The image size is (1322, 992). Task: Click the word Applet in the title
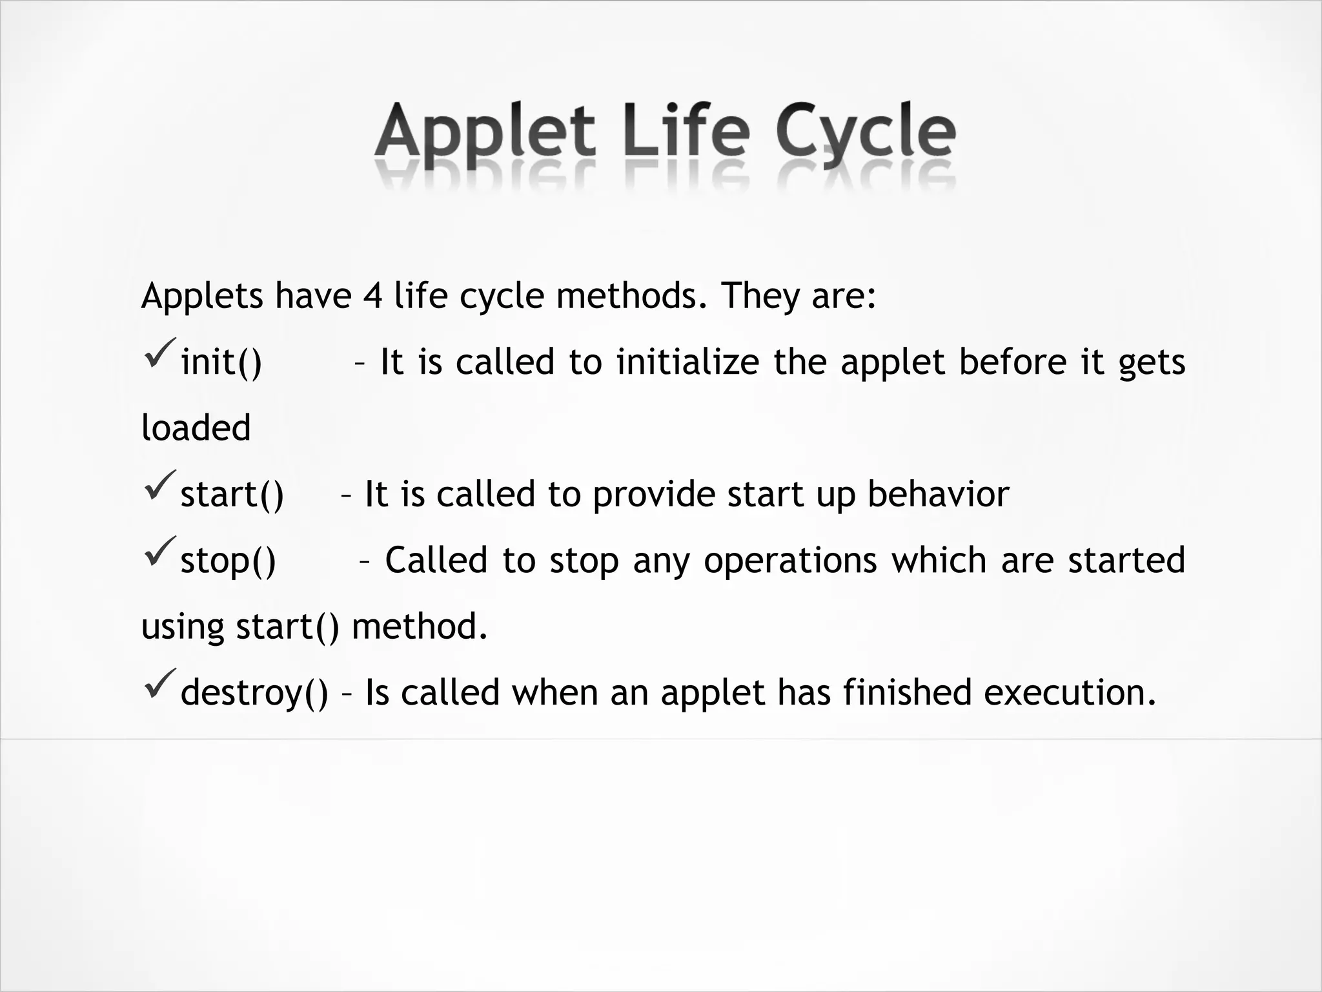(484, 132)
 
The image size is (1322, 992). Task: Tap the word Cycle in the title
(865, 132)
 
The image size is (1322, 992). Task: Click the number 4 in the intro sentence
(372, 296)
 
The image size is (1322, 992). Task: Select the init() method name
(221, 362)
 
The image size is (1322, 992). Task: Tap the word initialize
(687, 362)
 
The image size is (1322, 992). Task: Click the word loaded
(196, 428)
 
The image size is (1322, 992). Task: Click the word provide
(651, 495)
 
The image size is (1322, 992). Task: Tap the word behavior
(938, 494)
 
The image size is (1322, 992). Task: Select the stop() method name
(228, 561)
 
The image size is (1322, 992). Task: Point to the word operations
(790, 561)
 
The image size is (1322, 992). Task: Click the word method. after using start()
(420, 626)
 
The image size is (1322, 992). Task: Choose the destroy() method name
(254, 693)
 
